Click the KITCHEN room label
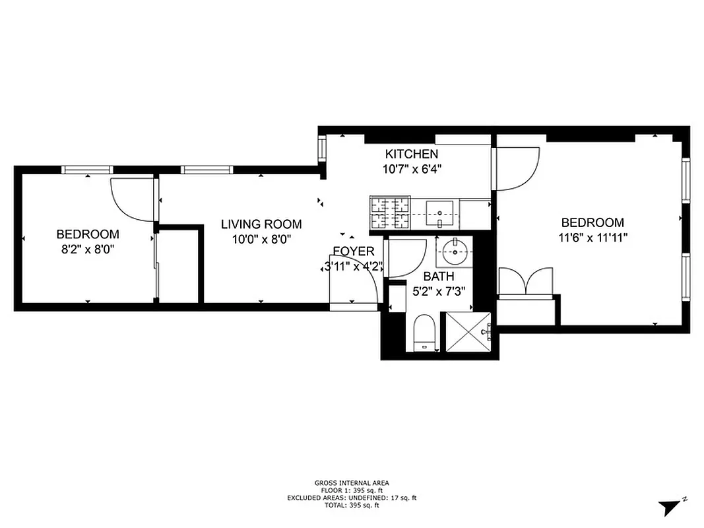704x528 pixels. [412, 154]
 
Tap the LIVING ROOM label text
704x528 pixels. [261, 224]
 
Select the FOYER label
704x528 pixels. [354, 251]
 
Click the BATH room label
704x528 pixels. [439, 277]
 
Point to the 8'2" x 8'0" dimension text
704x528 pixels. [88, 249]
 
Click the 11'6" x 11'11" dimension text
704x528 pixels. [592, 238]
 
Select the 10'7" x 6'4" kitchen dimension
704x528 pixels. [412, 169]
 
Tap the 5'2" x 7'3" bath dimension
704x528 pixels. [439, 291]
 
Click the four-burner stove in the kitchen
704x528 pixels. [391, 214]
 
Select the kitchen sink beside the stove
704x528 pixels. [437, 213]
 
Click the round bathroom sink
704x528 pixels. [454, 251]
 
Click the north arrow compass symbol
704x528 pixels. [669, 507]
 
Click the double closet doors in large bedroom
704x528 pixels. [525, 280]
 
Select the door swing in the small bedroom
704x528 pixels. [131, 199]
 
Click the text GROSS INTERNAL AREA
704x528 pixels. [352, 483]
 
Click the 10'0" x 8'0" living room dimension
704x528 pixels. [261, 240]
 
